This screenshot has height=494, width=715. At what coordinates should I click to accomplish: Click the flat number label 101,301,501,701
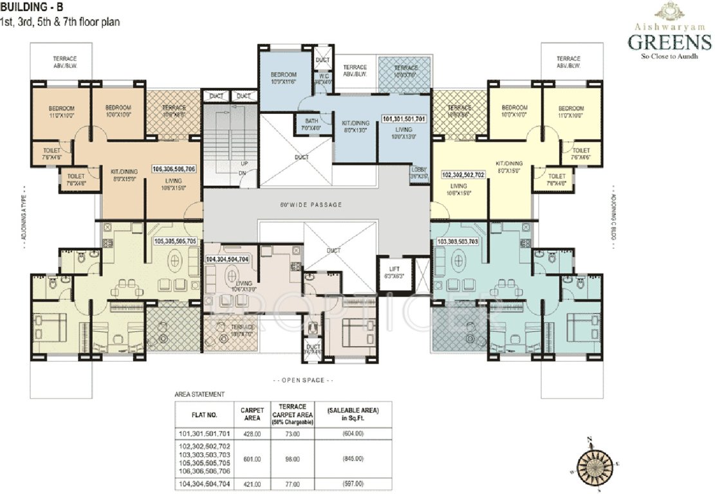click(x=404, y=120)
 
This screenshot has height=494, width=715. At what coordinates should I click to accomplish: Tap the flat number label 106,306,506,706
click(x=174, y=169)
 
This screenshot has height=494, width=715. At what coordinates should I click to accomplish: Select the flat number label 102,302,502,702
click(x=463, y=174)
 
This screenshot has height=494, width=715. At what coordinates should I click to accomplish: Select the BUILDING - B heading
click(x=32, y=8)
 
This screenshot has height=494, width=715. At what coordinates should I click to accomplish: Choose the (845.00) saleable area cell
click(x=354, y=459)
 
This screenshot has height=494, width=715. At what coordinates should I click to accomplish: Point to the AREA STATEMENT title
click(x=200, y=393)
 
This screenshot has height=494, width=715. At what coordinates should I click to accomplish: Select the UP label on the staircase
click(x=244, y=163)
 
